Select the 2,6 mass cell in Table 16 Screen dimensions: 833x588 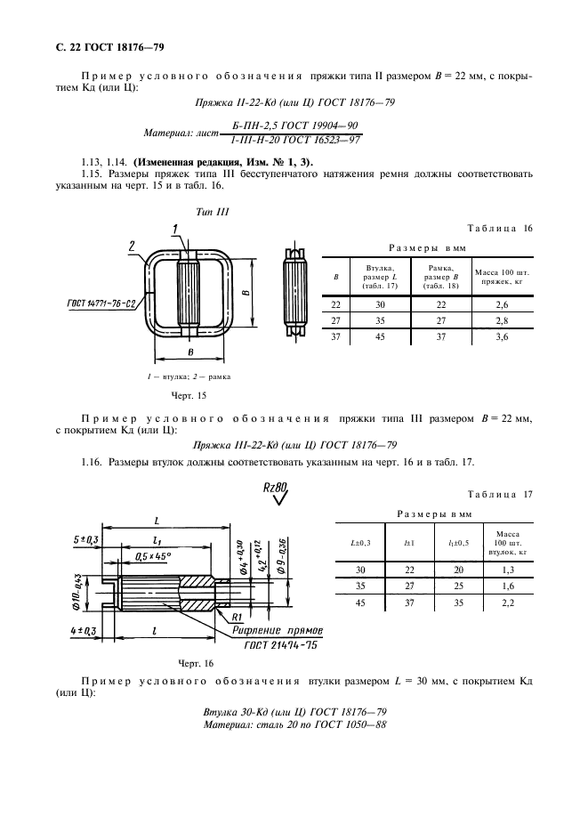[502, 304]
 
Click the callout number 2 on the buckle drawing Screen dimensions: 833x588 [131, 246]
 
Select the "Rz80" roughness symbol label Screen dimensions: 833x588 [277, 489]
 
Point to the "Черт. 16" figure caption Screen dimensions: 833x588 [197, 663]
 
